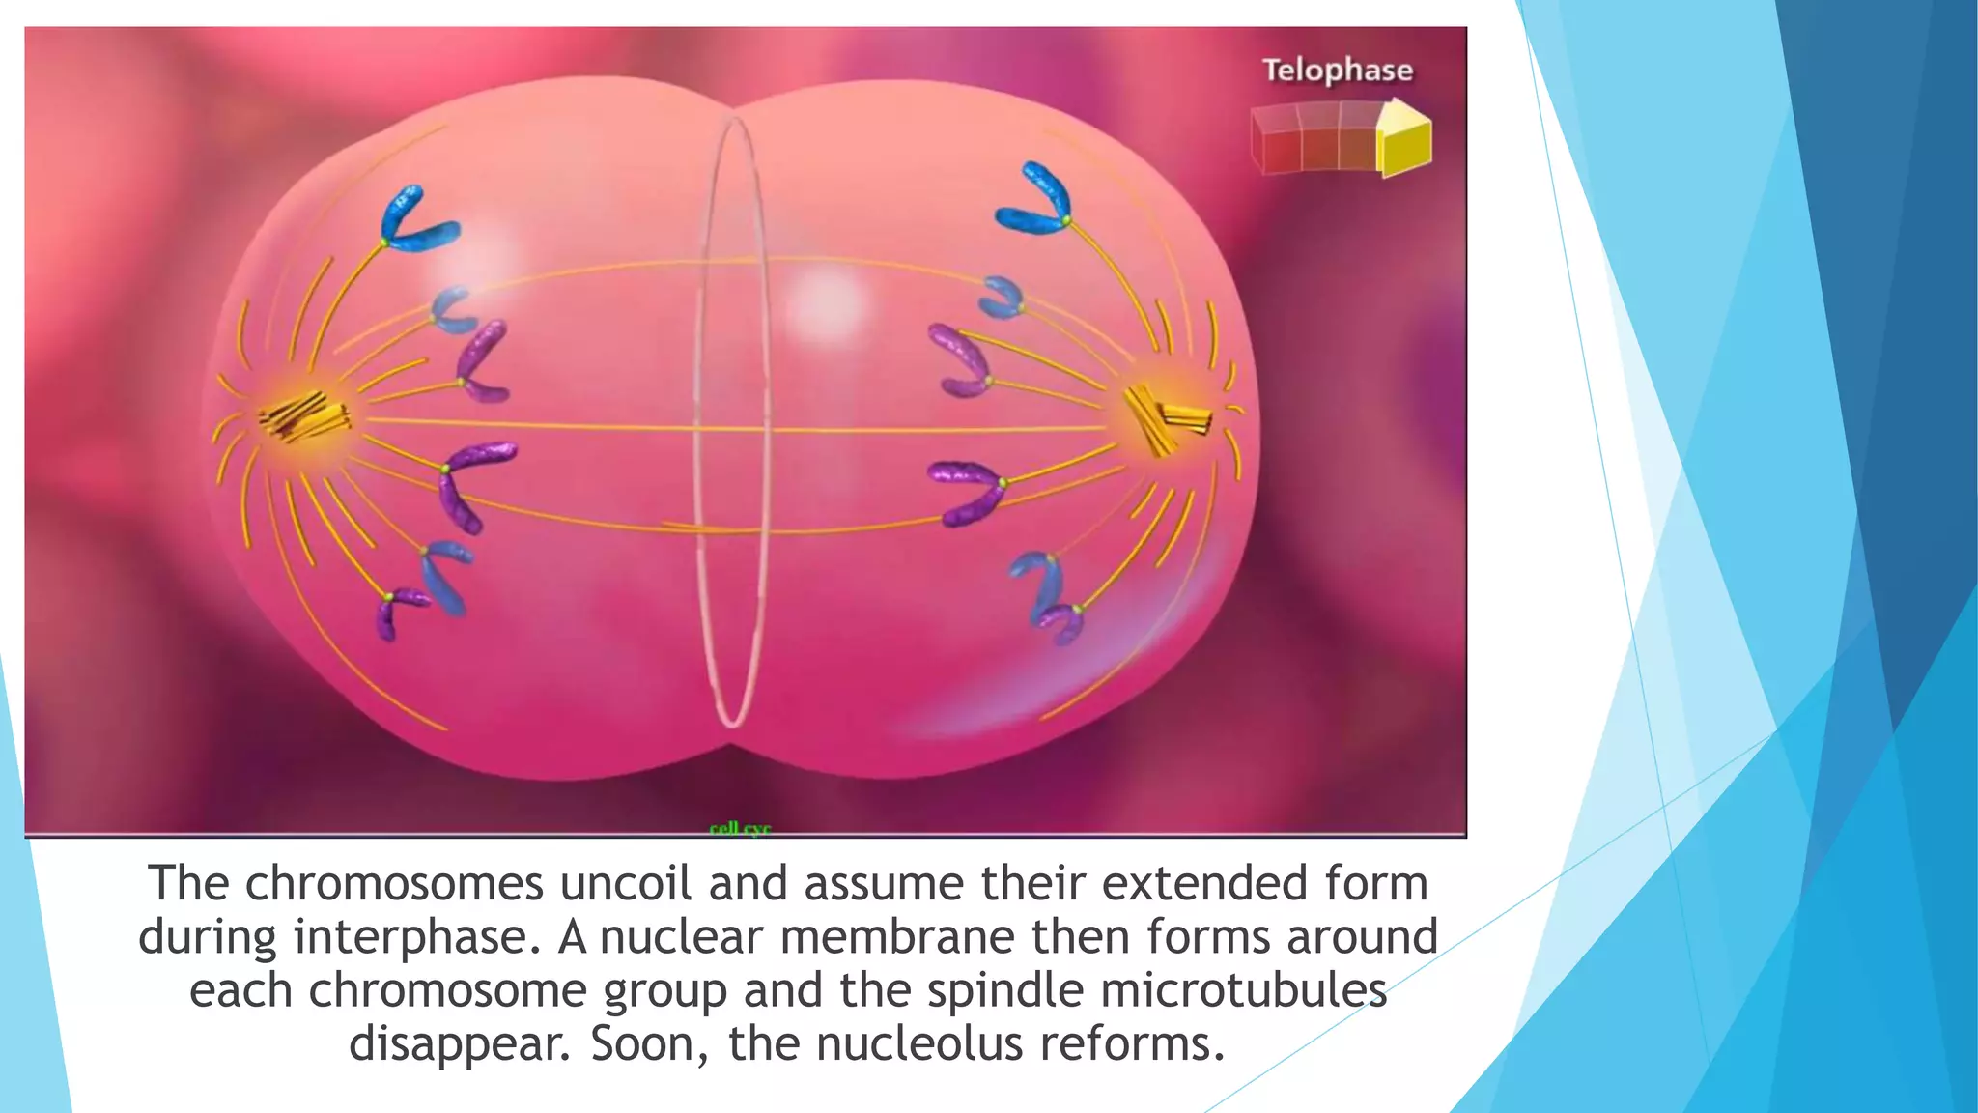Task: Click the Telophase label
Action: (x=1337, y=71)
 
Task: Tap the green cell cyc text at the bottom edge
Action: (x=740, y=829)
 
